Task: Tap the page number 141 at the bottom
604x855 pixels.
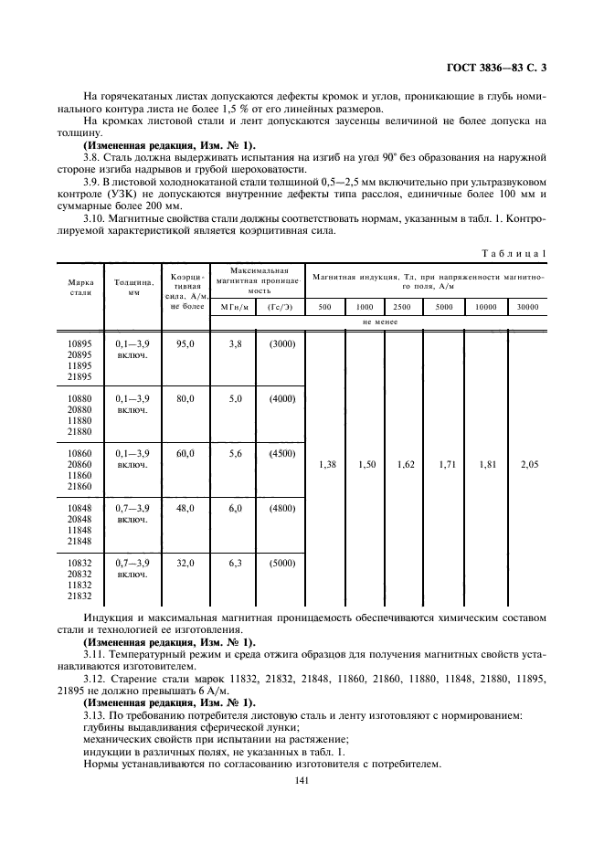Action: click(x=302, y=780)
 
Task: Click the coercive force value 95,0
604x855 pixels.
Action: click(x=186, y=343)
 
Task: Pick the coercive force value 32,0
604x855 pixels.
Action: click(x=186, y=564)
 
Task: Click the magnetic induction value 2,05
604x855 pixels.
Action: click(x=529, y=465)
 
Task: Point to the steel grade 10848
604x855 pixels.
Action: click(x=79, y=508)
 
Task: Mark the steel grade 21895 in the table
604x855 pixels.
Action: click(x=79, y=376)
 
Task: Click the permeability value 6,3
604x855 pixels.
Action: click(x=234, y=564)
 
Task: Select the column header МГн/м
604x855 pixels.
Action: click(x=234, y=307)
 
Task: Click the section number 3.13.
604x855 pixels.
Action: click(x=95, y=715)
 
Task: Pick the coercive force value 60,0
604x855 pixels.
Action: click(x=186, y=453)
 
